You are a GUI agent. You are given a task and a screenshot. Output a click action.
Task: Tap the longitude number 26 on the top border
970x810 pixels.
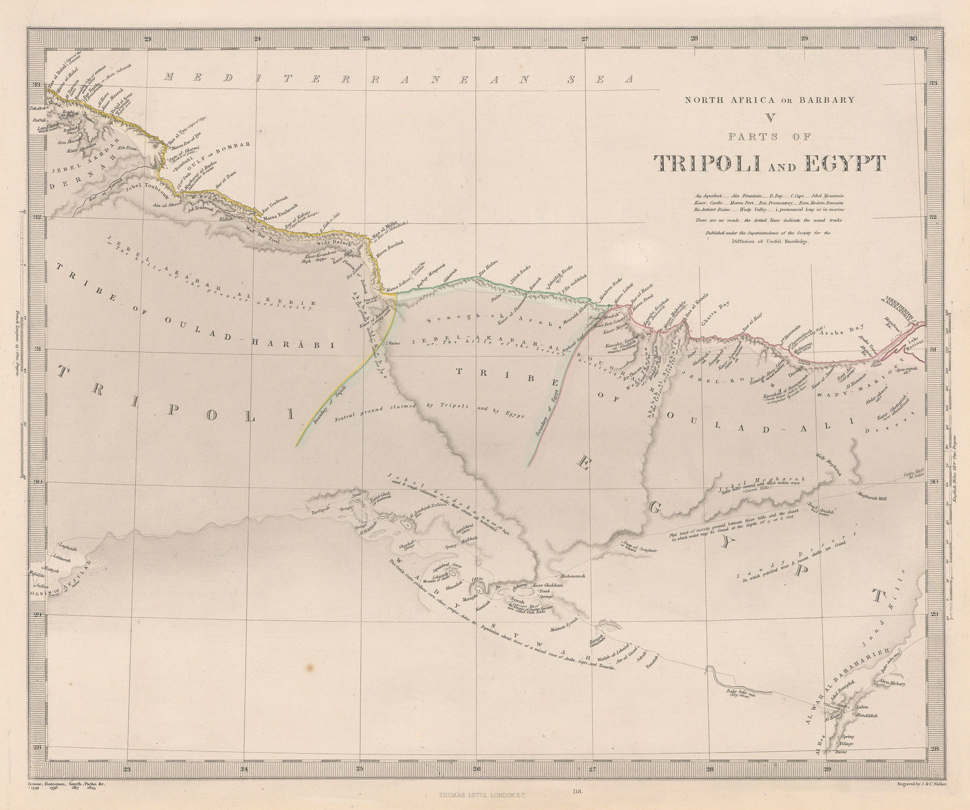click(x=476, y=39)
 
